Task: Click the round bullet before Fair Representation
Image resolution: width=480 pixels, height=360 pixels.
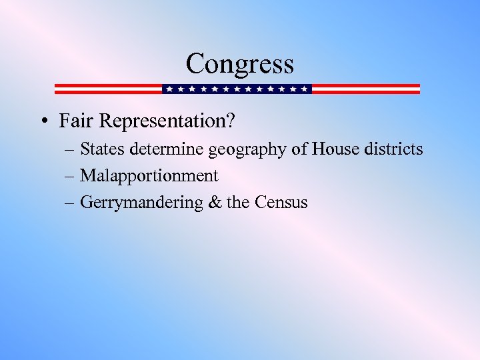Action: (x=42, y=121)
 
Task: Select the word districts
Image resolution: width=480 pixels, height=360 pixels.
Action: (x=393, y=149)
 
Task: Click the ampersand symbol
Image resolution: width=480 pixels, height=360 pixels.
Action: (x=215, y=203)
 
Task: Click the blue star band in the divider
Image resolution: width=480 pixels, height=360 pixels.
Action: (x=237, y=89)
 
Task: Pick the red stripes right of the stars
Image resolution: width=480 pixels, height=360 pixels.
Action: (x=366, y=89)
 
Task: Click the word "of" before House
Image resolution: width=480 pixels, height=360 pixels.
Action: (x=299, y=149)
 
